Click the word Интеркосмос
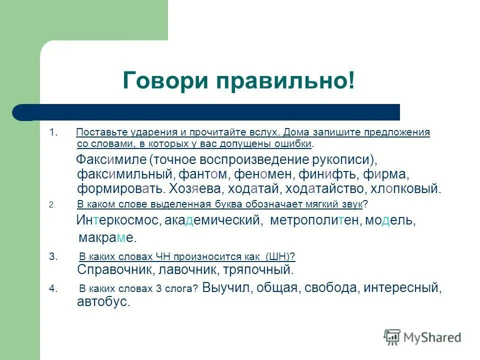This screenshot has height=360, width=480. click(x=118, y=220)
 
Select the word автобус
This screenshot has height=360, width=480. click(x=103, y=302)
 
